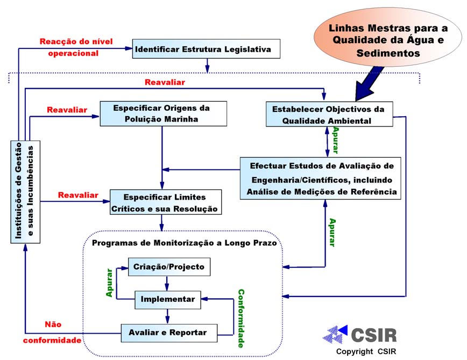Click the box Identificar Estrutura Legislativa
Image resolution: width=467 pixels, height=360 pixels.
207,50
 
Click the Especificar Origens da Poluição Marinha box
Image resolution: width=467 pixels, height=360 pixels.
161,114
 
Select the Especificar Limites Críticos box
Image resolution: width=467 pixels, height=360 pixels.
165,202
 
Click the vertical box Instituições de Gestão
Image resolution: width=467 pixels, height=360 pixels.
26,192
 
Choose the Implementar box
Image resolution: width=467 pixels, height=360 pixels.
167,299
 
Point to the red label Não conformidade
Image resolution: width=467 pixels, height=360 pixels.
52,332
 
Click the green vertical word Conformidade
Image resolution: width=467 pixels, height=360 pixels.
240,319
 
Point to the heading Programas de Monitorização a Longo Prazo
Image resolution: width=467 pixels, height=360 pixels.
184,243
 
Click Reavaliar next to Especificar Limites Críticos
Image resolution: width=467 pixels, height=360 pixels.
78,195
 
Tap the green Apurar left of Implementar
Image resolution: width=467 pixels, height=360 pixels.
110,283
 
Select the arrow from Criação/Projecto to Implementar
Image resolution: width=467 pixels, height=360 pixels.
167,283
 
